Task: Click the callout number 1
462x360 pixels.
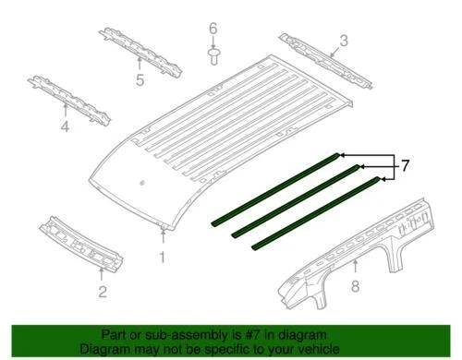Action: pos(164,256)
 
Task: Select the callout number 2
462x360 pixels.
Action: pos(102,293)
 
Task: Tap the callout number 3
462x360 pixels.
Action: pos(343,40)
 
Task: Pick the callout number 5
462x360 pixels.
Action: pos(140,79)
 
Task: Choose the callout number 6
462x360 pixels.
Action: pos(212,28)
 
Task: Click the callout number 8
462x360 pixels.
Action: pos(355,292)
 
